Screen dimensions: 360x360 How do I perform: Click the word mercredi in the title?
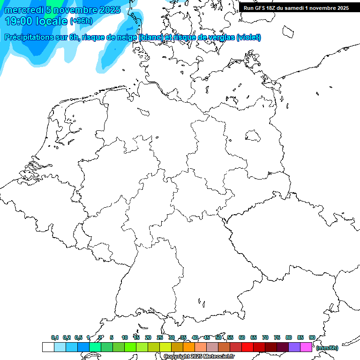coord(24,10)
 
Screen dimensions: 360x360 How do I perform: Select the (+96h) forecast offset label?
coord(81,21)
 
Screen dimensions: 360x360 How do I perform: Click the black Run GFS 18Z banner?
coord(296,8)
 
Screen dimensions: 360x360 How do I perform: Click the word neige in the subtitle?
coord(125,37)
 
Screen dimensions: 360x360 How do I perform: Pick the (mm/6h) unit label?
coord(327,348)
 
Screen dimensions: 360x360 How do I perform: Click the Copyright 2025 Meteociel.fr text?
coord(199,357)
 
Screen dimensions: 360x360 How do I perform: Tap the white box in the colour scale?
coord(48,347)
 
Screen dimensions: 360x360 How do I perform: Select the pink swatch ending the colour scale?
coord(306,347)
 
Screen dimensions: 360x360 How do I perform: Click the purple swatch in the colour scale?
coord(294,347)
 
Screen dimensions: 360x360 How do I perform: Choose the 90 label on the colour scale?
coord(312,337)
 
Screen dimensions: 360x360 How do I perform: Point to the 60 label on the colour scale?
coord(242,337)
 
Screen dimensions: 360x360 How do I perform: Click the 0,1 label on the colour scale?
coord(55,337)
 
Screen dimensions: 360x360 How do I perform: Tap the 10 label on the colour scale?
coord(125,337)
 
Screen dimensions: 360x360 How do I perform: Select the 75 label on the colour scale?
coord(277,337)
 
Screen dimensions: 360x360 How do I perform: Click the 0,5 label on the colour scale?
coord(78,337)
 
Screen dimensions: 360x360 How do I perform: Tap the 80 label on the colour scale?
coord(289,337)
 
